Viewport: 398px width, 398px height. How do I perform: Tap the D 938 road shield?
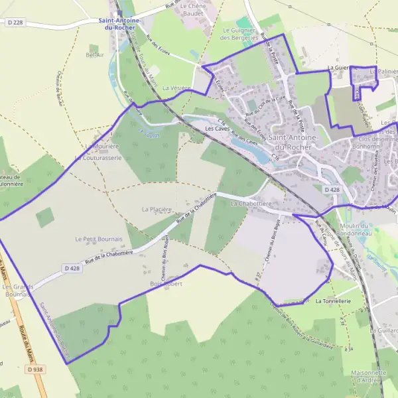click(x=35, y=369)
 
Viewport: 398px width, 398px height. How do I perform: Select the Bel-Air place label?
click(x=96, y=55)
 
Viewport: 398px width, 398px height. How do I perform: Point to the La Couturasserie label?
click(x=98, y=159)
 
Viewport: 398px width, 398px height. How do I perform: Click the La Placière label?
click(x=157, y=209)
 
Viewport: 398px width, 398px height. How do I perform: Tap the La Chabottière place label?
click(x=251, y=204)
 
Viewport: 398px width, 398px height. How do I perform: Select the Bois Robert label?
click(x=166, y=283)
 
